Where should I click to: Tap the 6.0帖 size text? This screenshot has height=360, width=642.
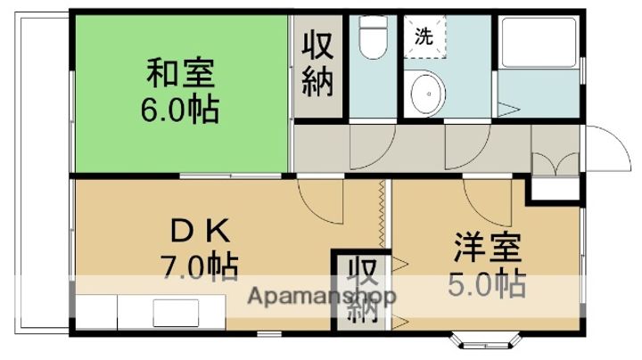point(180,110)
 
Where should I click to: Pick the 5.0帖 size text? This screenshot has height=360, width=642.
point(485,284)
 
